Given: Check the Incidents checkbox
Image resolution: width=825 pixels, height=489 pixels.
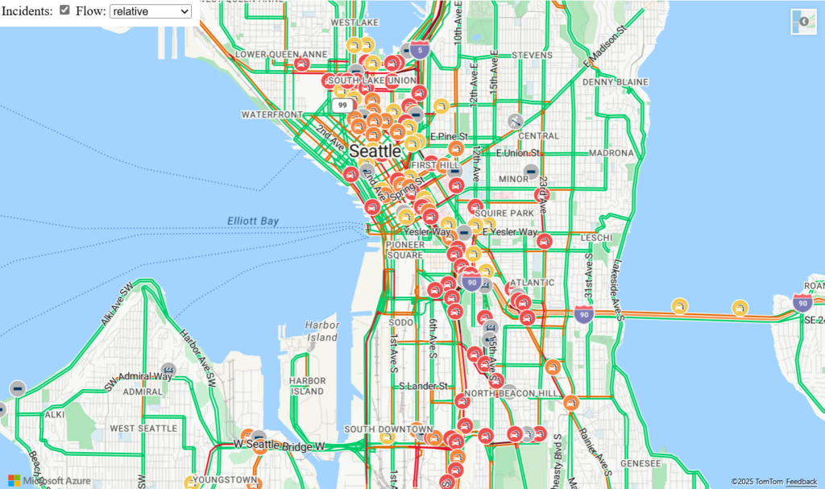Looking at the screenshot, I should [x=65, y=11].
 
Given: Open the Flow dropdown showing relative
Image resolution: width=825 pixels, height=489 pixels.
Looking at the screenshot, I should [x=151, y=11].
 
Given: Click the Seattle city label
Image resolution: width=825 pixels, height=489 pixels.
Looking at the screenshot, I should [x=375, y=151].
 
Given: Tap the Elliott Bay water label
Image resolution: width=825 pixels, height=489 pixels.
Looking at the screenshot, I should [x=253, y=221].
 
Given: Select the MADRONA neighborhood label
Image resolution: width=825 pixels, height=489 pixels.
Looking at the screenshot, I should [x=611, y=153].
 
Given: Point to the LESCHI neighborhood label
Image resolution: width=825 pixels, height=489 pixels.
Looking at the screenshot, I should [x=596, y=238].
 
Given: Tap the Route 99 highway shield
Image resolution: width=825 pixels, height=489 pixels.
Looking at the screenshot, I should [x=342, y=106].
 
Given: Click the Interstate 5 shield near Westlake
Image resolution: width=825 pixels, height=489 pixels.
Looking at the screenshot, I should [x=419, y=50].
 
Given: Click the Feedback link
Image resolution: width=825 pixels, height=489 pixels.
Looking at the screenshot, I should [x=801, y=482].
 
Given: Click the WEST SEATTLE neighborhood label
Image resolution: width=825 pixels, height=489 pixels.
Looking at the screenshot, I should [x=144, y=429].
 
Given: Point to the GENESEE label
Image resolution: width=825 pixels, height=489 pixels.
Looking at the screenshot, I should [x=641, y=464].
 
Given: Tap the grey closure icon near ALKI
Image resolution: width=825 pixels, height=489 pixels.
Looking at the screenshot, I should [x=17, y=388].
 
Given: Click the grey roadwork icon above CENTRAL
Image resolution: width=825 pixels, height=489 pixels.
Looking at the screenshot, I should [x=516, y=122].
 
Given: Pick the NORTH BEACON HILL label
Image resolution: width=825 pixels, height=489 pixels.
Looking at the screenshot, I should [x=512, y=393].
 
